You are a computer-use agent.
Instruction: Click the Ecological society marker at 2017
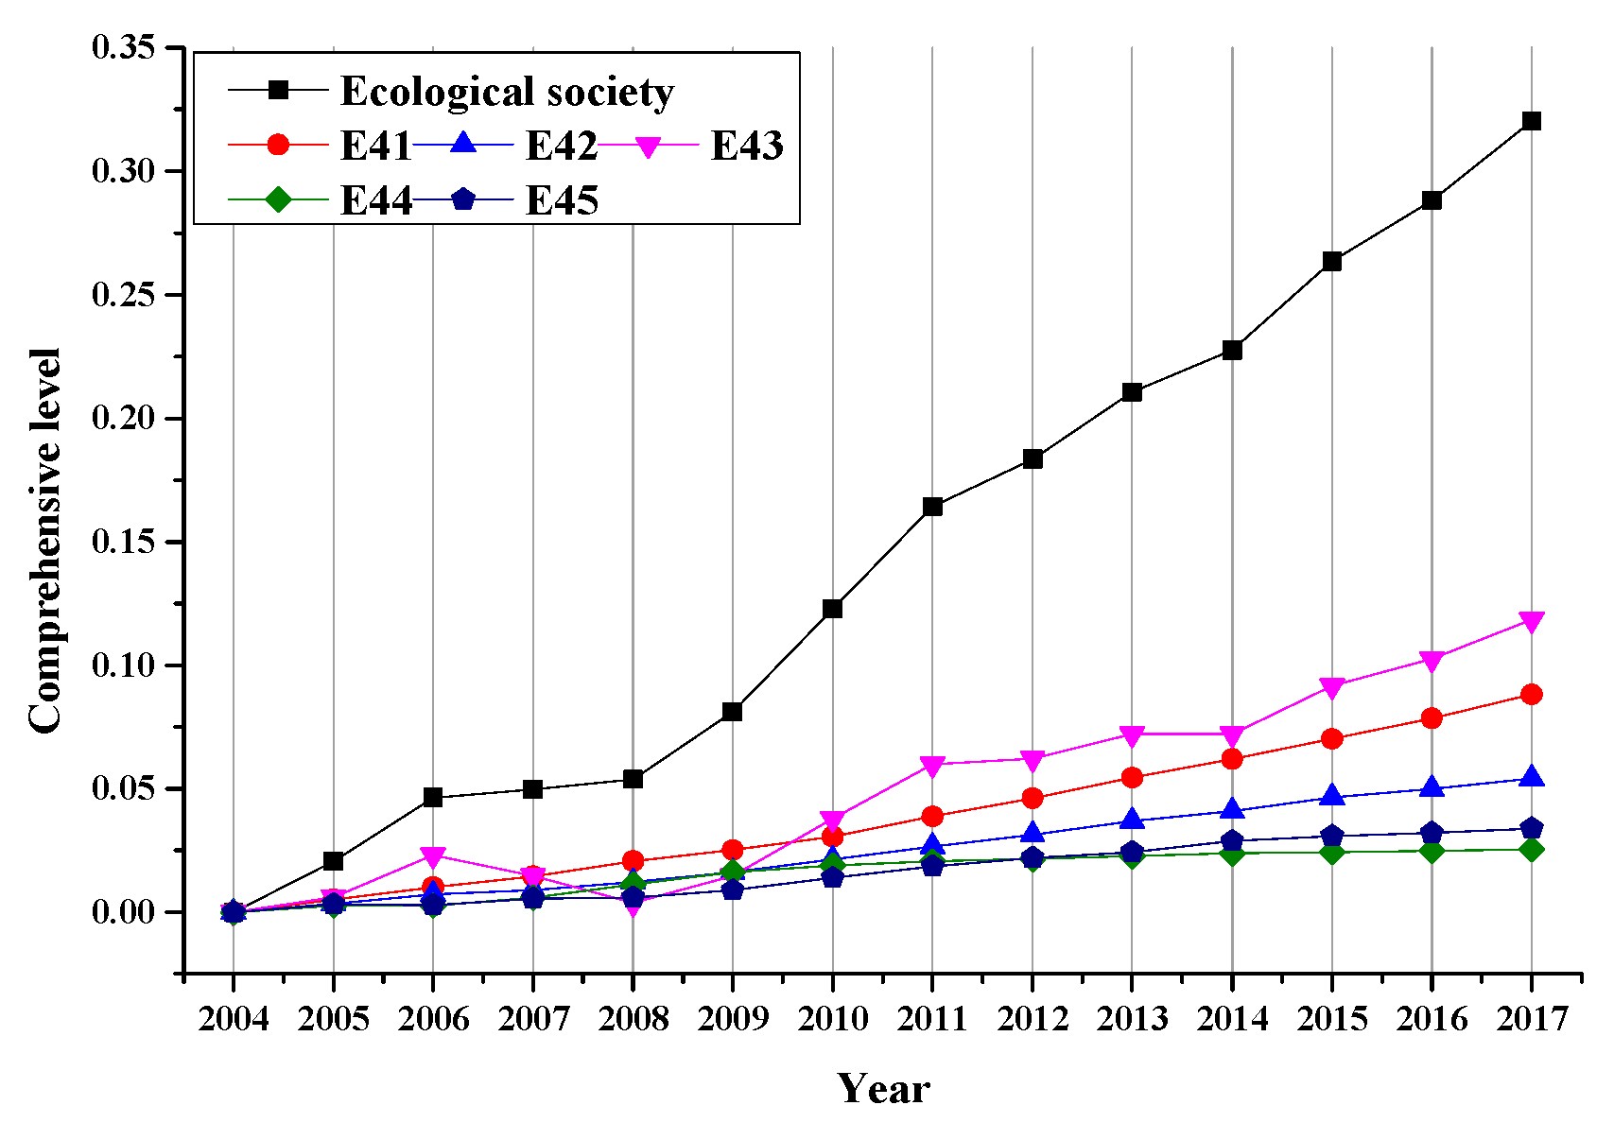(1531, 121)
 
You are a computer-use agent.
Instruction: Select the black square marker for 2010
(832, 609)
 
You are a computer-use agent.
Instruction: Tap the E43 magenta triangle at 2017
(1531, 621)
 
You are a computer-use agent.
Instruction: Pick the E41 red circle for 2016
(1432, 718)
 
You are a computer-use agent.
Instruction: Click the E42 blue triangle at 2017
(1531, 777)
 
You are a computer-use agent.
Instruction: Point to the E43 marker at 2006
(433, 857)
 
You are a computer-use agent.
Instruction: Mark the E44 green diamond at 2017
(1531, 850)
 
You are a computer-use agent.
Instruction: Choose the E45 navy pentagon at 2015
(1331, 836)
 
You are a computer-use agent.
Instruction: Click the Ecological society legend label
(507, 92)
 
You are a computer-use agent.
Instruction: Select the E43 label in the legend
(747, 147)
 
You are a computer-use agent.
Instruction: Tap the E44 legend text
(376, 200)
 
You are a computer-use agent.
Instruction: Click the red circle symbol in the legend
(278, 145)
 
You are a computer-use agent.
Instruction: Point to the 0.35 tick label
(124, 47)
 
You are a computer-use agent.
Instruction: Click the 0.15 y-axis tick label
(124, 542)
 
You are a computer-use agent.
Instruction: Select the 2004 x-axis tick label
(234, 1019)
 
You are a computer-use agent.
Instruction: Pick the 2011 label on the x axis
(932, 1019)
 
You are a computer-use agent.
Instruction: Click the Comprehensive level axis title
(44, 541)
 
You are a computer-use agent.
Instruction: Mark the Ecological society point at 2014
(1232, 350)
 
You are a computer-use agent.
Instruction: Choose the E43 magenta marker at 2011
(932, 766)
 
